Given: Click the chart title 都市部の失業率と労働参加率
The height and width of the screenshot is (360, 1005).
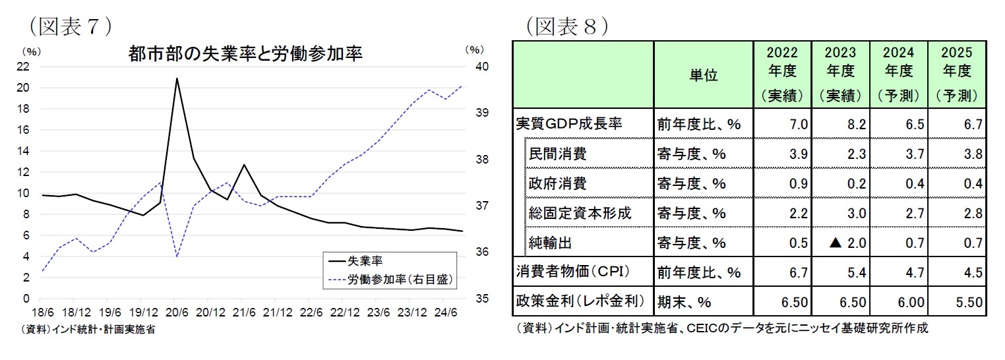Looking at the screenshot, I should [x=245, y=53].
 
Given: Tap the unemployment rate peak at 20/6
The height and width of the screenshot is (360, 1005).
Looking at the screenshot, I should [x=177, y=78].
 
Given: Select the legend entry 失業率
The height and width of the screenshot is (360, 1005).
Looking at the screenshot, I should [x=361, y=260].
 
